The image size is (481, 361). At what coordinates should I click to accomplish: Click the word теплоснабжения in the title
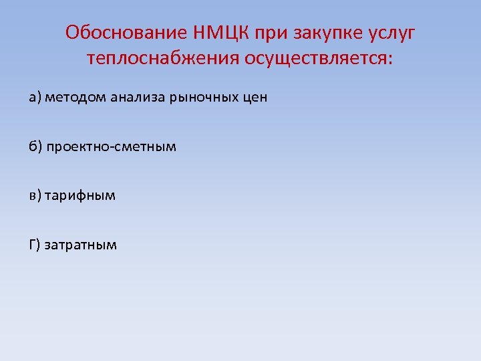(162, 59)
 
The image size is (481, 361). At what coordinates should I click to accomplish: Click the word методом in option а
(72, 98)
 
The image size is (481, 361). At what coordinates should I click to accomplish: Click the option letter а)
(35, 98)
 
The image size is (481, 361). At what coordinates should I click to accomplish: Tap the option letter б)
(35, 146)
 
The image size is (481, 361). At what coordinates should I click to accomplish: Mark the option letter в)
(35, 196)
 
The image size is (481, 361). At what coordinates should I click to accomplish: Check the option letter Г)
(35, 245)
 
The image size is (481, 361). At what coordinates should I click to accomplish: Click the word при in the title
(275, 33)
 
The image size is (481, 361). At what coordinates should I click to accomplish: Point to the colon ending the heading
(391, 60)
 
